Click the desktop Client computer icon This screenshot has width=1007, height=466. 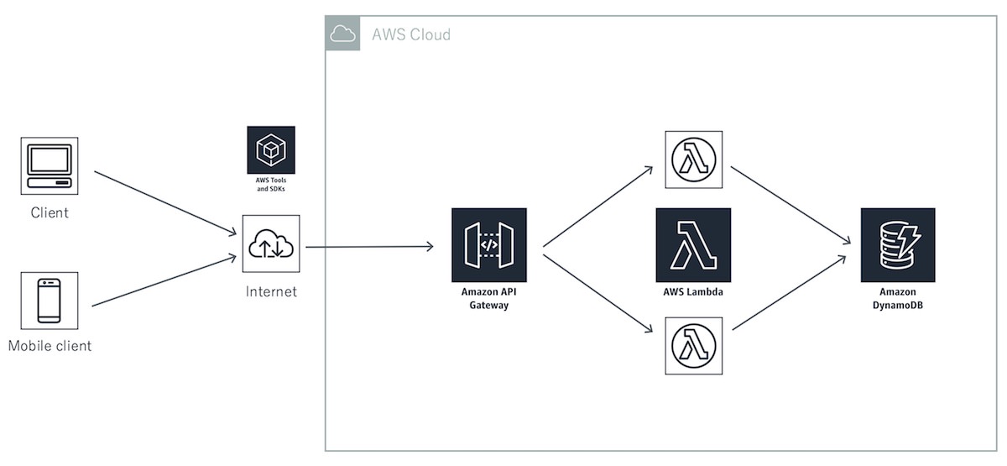pyautogui.click(x=50, y=166)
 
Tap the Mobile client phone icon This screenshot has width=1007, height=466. pyautogui.click(x=50, y=301)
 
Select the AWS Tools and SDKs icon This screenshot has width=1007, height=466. pyautogui.click(x=271, y=150)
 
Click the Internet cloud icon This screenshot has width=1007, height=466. pyautogui.click(x=271, y=243)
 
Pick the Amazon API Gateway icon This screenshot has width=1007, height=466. pyautogui.click(x=489, y=244)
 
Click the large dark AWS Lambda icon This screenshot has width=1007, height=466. pyautogui.click(x=693, y=244)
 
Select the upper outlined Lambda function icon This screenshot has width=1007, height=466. pyautogui.click(x=693, y=160)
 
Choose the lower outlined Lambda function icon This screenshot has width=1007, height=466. pyautogui.click(x=693, y=346)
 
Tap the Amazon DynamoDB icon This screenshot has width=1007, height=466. pyautogui.click(x=897, y=244)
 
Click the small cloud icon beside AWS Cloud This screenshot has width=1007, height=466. pyautogui.click(x=342, y=34)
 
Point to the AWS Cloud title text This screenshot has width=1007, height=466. pyautogui.click(x=411, y=34)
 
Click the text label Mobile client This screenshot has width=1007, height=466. pyautogui.click(x=50, y=346)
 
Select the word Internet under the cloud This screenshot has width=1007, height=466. pyautogui.click(x=271, y=292)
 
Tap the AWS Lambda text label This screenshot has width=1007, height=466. pyautogui.click(x=693, y=292)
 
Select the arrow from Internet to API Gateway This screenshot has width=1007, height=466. pyautogui.click(x=369, y=247)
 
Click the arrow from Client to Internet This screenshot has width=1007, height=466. pyautogui.click(x=164, y=202)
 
